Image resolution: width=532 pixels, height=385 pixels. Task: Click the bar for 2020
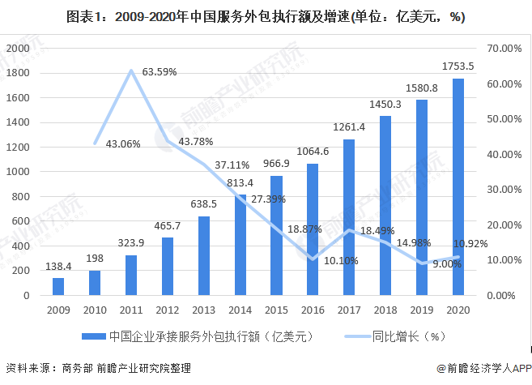(458, 187)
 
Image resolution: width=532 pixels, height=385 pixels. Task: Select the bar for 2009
(58, 287)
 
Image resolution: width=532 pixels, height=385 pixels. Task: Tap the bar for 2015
(276, 236)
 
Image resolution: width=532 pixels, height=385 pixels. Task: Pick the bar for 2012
(168, 267)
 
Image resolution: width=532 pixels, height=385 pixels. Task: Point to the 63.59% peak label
(159, 72)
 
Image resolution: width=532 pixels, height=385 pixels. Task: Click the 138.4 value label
(58, 267)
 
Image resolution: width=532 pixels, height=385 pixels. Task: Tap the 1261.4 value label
(349, 126)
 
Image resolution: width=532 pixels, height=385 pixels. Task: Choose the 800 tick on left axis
(21, 197)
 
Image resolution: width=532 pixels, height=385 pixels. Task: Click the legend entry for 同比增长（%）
(398, 335)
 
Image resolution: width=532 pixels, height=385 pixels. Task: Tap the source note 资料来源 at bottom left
(97, 369)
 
